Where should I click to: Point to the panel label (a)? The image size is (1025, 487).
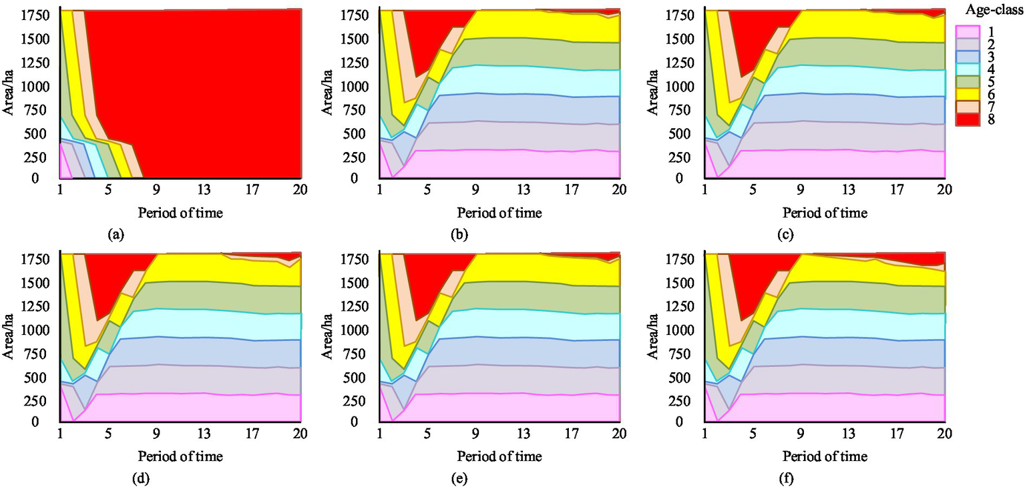point(116,235)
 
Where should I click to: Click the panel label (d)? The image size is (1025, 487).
point(116,478)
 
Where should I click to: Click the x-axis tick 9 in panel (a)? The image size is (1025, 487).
point(156,189)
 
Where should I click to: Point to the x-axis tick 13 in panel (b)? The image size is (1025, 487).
point(524,189)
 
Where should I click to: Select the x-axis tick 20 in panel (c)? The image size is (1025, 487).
point(944,189)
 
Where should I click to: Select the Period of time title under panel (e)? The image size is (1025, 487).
point(499,457)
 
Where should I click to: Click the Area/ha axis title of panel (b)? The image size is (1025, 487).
point(327,93)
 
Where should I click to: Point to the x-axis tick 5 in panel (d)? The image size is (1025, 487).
point(108,433)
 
